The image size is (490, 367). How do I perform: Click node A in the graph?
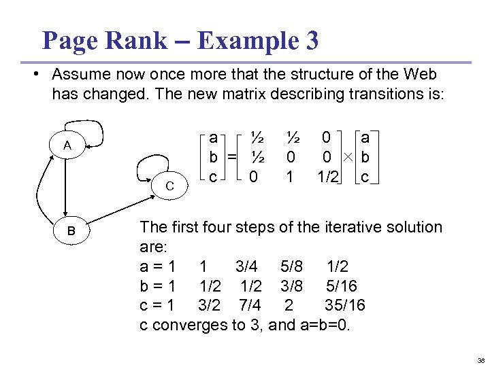(66, 145)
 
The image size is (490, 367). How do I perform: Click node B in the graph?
(70, 231)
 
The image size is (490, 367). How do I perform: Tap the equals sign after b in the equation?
(232, 158)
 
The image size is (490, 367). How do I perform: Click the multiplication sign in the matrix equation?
(349, 158)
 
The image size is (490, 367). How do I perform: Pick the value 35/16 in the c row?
(346, 306)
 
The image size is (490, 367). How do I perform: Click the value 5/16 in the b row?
(342, 286)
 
